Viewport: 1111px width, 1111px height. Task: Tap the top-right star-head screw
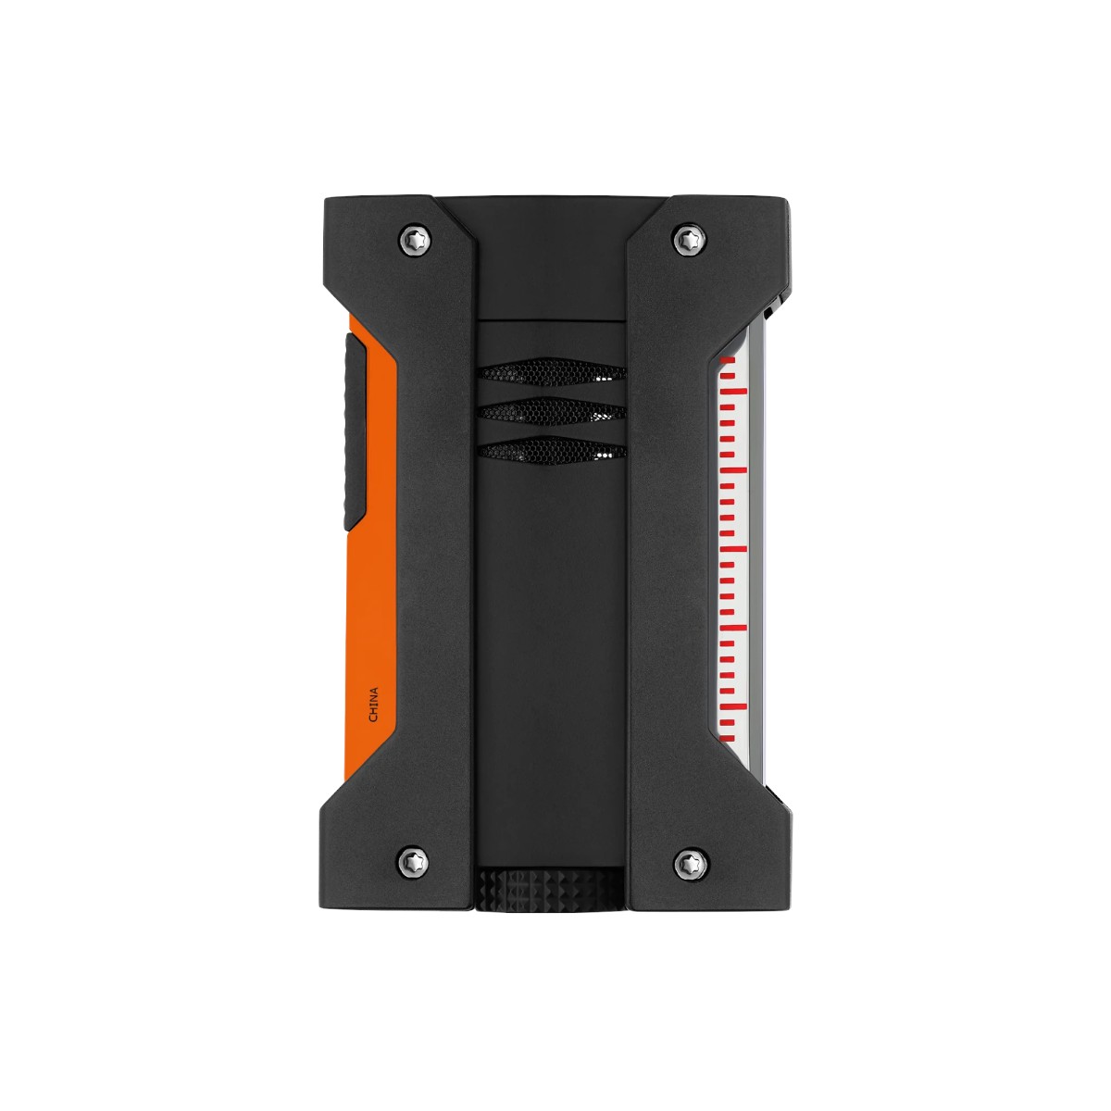tap(685, 238)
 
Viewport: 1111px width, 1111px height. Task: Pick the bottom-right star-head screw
tap(685, 864)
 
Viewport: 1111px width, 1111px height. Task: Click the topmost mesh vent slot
tap(552, 373)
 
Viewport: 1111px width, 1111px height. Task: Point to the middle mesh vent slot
tap(552, 411)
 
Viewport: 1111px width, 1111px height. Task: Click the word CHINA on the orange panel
tap(374, 705)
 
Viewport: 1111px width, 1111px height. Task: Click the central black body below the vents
tap(552, 648)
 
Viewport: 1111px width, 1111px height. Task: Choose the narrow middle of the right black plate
tap(671, 555)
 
